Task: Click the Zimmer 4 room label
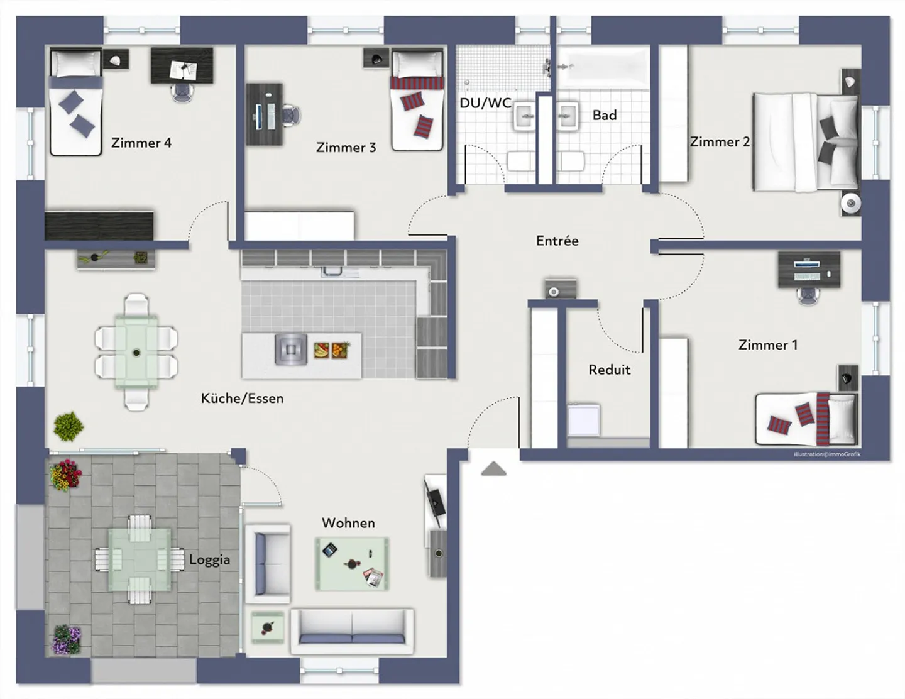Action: click(141, 143)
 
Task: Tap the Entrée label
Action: click(557, 240)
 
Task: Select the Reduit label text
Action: click(609, 370)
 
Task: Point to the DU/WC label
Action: click(485, 103)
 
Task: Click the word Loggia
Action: click(209, 559)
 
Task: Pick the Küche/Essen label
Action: click(243, 399)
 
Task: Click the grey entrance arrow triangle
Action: click(493, 469)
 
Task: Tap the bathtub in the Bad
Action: click(603, 67)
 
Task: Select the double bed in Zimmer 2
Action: click(806, 142)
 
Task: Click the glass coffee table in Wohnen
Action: click(352, 564)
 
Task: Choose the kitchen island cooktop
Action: click(291, 349)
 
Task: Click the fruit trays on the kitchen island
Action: click(331, 350)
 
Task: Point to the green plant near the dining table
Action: click(69, 426)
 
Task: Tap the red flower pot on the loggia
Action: click(66, 475)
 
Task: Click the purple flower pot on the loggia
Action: click(67, 639)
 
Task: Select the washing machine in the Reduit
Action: click(584, 419)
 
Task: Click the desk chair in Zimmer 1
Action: click(808, 296)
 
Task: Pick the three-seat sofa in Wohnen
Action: click(353, 632)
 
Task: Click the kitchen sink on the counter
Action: click(331, 271)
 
